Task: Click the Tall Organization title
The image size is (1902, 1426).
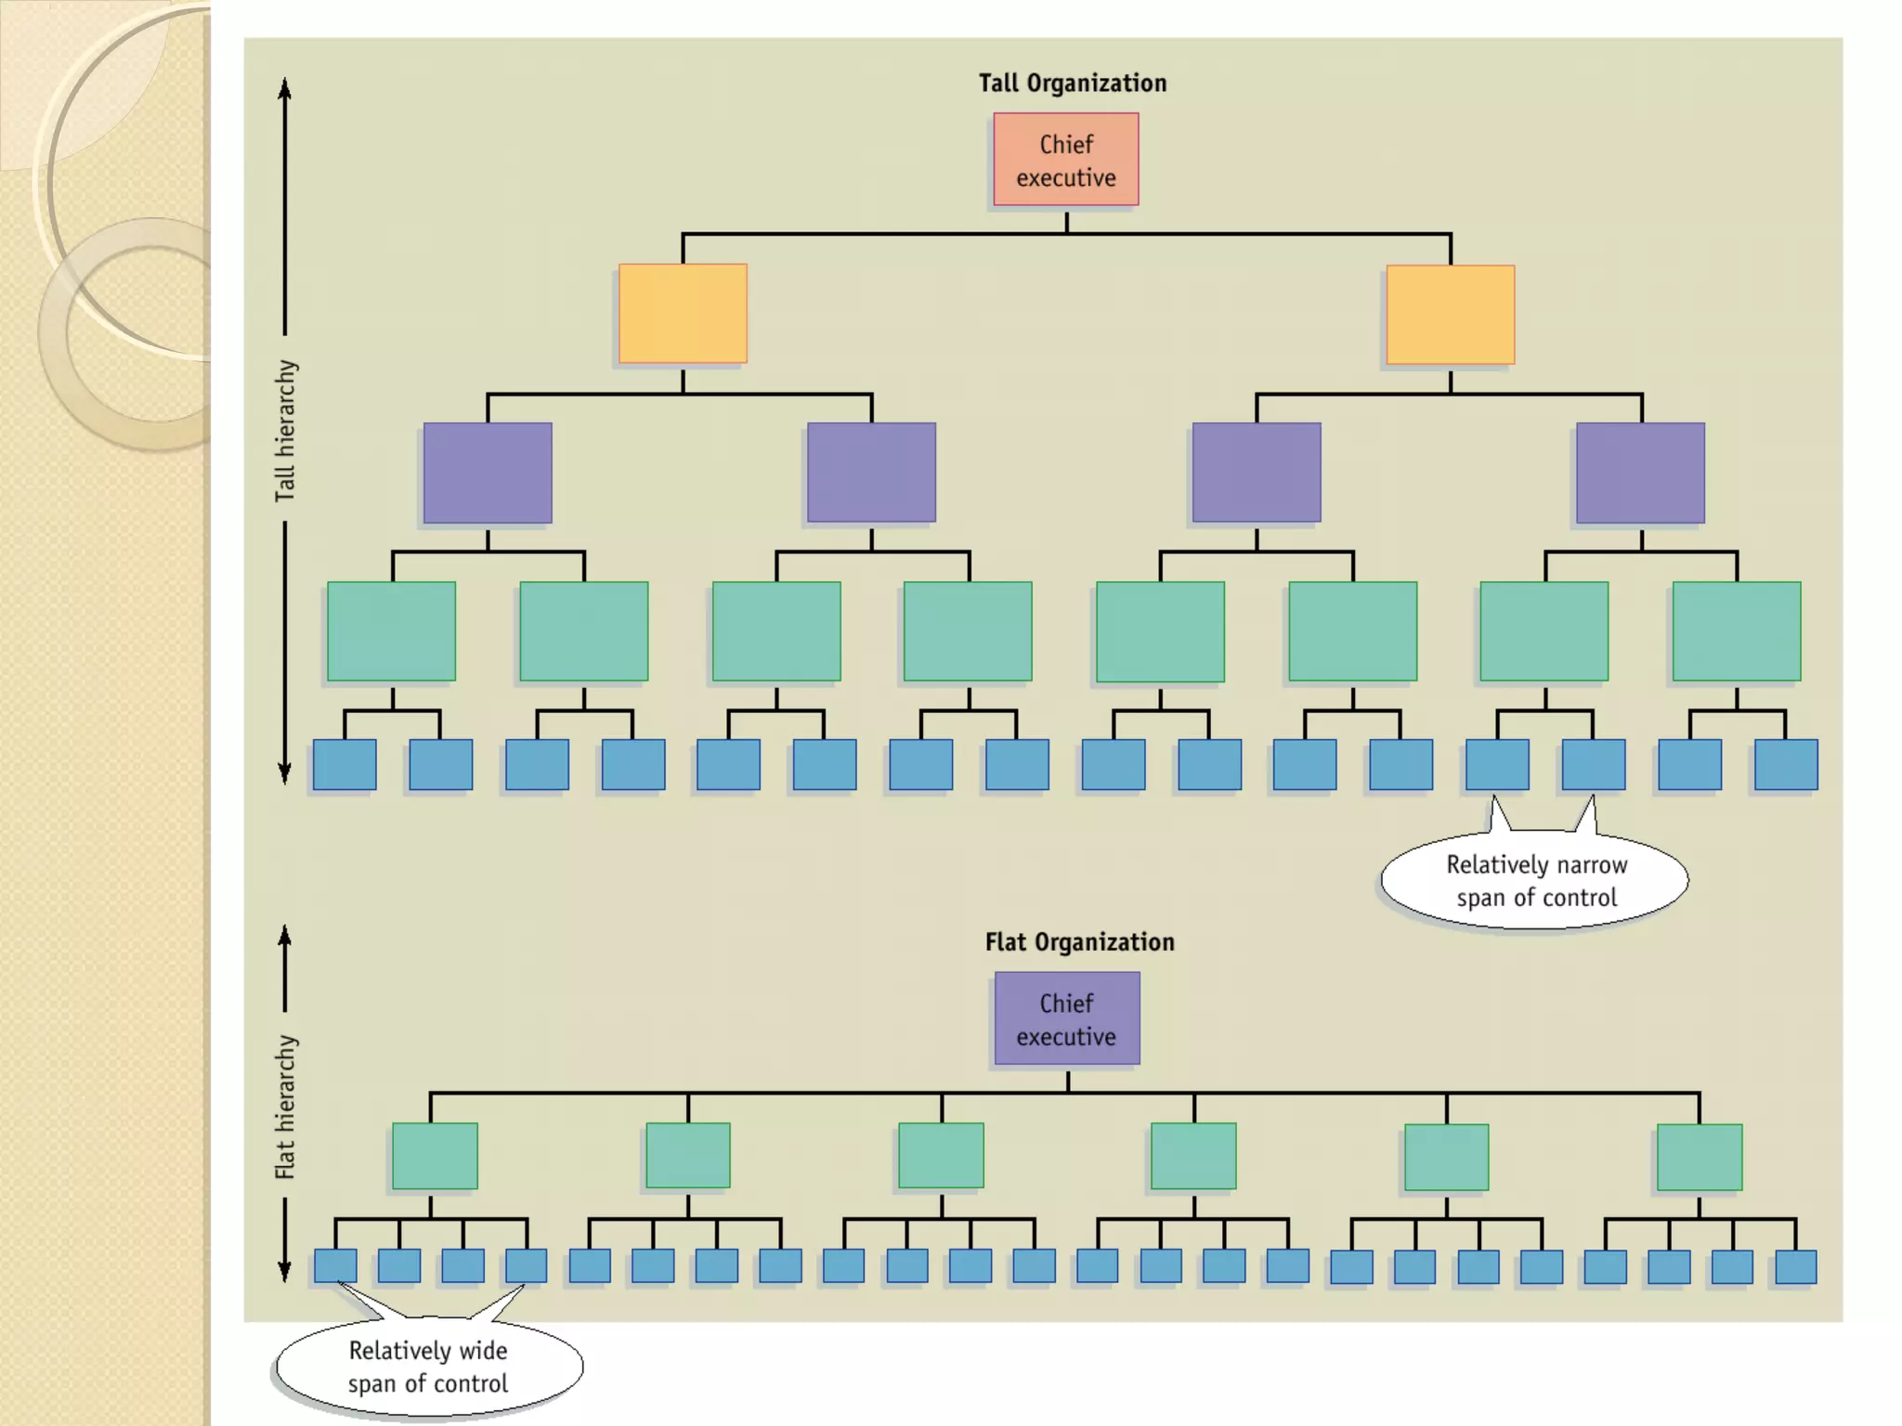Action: [x=1072, y=84]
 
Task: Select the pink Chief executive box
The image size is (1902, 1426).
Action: [x=1065, y=160]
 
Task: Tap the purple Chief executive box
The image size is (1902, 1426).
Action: [x=1066, y=1018]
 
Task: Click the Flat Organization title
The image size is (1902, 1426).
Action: [x=1079, y=942]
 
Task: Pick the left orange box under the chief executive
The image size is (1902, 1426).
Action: [x=683, y=314]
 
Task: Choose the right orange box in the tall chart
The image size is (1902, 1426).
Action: [x=1450, y=315]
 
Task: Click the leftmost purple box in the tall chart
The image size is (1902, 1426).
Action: [x=488, y=473]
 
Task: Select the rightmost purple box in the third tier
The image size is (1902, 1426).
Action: [x=1640, y=473]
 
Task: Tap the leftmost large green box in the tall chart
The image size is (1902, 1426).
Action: [x=391, y=631]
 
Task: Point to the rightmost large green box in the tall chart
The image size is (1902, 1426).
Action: [x=1736, y=631]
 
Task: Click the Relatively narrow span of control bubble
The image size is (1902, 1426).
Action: [x=1535, y=881]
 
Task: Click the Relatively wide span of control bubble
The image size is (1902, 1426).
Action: [x=428, y=1367]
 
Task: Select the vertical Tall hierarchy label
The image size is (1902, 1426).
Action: [x=285, y=431]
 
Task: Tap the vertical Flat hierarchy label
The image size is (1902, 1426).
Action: [x=285, y=1107]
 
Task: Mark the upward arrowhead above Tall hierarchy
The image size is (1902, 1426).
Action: [x=285, y=88]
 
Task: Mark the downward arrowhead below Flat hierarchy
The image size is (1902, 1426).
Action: [x=285, y=1271]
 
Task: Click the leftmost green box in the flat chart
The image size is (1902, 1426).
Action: [x=435, y=1156]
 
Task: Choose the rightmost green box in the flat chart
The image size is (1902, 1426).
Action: [x=1699, y=1157]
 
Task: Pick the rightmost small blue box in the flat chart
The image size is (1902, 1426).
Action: [x=1794, y=1267]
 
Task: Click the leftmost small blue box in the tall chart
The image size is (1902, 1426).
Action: [x=345, y=765]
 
